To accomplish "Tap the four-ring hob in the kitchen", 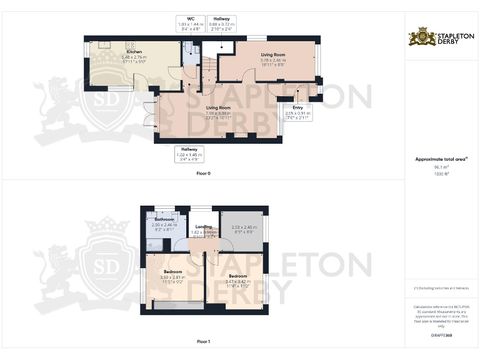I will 132,45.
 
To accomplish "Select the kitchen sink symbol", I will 101,46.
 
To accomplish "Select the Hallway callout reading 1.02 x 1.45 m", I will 189,154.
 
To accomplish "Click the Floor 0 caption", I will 203,173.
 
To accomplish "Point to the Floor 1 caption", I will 203,341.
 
